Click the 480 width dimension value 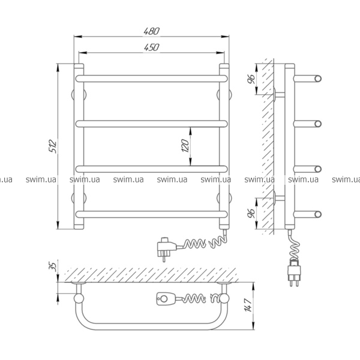[x=152, y=31]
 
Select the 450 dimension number [x=152, y=47]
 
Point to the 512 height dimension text [x=53, y=146]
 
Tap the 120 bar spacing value [x=185, y=146]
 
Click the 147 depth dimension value [x=248, y=305]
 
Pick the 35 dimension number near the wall [x=53, y=266]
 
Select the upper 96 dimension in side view [x=251, y=79]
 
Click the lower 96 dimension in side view [x=251, y=214]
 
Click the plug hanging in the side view [x=294, y=273]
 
